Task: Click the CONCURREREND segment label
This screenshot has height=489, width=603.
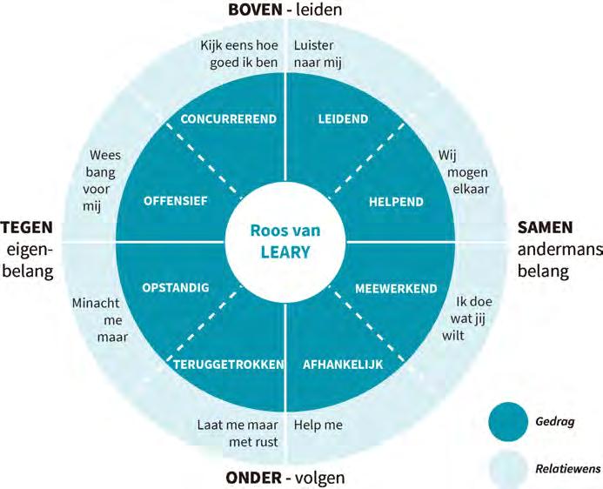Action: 228,118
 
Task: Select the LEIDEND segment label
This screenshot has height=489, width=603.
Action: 343,118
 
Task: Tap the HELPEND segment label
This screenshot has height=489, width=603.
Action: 396,201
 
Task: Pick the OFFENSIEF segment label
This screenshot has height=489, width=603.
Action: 175,201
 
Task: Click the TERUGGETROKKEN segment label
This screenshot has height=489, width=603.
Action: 229,365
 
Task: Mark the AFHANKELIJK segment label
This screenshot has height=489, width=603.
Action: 342,365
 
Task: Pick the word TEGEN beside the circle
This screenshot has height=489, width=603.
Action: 28,228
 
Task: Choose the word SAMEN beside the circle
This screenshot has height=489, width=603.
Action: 546,228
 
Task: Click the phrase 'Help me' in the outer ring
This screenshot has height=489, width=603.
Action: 318,425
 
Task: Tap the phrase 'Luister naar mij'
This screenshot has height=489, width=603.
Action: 314,53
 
